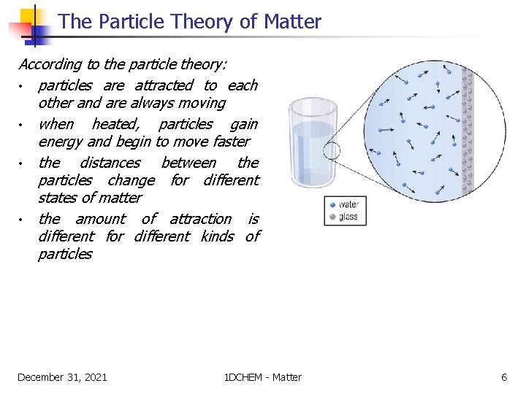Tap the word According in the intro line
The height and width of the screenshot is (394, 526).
tap(48, 64)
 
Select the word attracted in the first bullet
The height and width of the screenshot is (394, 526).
tap(164, 85)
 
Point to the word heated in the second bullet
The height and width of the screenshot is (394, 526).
tap(116, 124)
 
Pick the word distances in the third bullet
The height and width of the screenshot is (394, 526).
tap(110, 163)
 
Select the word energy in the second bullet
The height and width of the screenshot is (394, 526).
tap(61, 142)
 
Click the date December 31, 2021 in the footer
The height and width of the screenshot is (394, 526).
tap(62, 377)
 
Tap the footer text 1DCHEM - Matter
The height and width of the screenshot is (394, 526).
tap(263, 377)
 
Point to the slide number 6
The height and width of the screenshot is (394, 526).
tap(503, 377)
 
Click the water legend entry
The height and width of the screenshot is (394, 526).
tap(344, 205)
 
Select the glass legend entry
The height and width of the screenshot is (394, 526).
tap(344, 217)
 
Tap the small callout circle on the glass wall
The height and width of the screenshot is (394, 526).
tap(332, 151)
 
